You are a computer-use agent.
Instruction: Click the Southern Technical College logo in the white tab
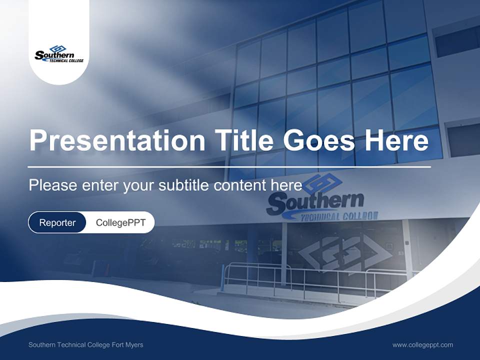(59, 55)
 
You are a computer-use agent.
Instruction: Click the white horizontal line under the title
(229, 167)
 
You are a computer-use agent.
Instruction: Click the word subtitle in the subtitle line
(184, 185)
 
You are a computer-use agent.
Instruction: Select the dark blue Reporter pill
(57, 222)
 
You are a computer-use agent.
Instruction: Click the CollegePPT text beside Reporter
(120, 222)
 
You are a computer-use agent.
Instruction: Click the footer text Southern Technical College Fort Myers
(85, 344)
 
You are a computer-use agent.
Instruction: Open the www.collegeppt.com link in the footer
(422, 344)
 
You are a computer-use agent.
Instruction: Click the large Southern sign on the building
(315, 201)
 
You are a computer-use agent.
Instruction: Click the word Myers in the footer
(133, 344)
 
